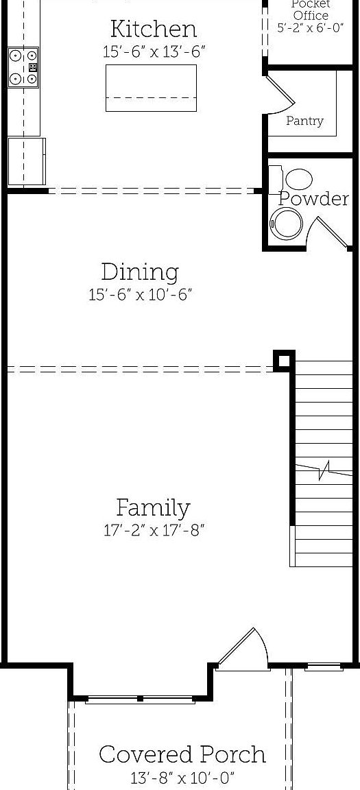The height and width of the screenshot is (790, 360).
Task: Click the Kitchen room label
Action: click(x=153, y=29)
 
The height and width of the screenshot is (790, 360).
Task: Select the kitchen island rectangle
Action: click(x=151, y=88)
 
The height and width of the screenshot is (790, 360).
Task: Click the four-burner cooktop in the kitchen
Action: click(x=23, y=67)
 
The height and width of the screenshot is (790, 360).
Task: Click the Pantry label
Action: click(x=304, y=121)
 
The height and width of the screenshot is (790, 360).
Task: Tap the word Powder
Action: click(x=313, y=199)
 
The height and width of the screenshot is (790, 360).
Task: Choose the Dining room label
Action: click(x=140, y=272)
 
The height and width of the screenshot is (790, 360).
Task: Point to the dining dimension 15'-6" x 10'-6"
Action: click(x=140, y=295)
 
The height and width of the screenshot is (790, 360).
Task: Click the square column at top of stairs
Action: click(x=283, y=361)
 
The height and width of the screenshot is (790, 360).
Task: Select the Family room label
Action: click(x=153, y=508)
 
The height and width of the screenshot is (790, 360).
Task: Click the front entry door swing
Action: click(x=243, y=648)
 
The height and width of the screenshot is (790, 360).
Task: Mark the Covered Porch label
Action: click(x=182, y=754)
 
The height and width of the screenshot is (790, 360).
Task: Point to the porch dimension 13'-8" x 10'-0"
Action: click(x=182, y=778)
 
